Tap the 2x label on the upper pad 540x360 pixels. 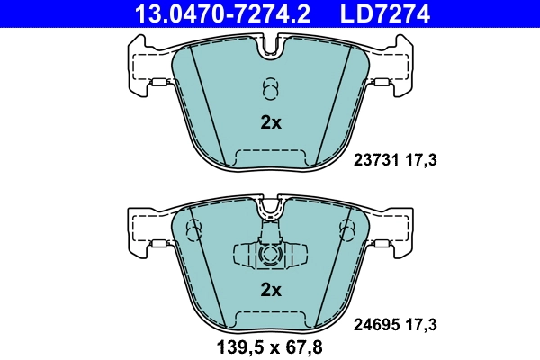pos(271,123)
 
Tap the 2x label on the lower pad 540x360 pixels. pos(271,290)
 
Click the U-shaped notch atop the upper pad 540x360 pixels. pos(271,49)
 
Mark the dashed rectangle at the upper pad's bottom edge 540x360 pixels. pos(271,158)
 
